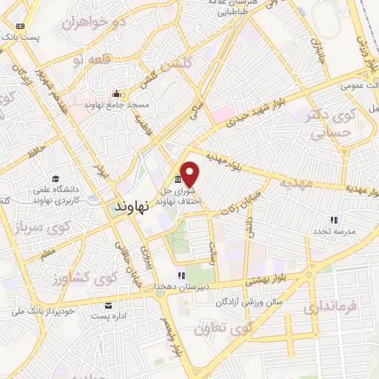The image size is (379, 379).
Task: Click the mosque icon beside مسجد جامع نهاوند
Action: (115, 94)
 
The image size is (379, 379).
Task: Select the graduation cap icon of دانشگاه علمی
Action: (56, 178)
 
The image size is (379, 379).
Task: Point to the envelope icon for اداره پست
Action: (110, 306)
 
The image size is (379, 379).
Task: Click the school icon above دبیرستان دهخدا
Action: (181, 276)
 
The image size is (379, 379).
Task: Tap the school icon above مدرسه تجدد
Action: (334, 220)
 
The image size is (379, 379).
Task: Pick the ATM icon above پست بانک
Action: (20, 26)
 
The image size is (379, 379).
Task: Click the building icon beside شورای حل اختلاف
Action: (178, 181)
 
